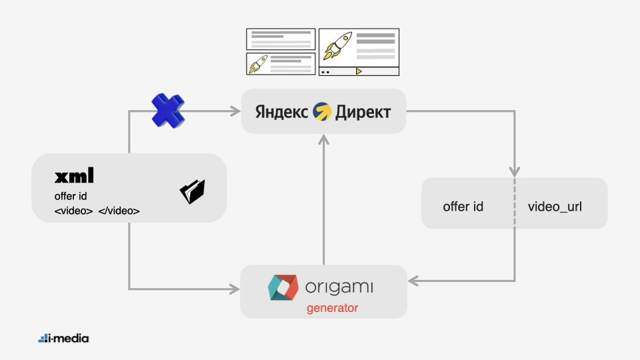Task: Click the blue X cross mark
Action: (167, 111)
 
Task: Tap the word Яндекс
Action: (281, 111)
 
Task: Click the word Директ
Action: (363, 111)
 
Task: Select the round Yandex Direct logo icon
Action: (322, 111)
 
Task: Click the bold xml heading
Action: (74, 176)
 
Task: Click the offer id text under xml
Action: (71, 196)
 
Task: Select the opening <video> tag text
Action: (73, 211)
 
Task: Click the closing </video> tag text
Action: (119, 211)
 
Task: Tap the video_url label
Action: (555, 207)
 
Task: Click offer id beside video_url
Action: (463, 207)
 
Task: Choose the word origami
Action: (339, 287)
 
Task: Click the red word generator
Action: (332, 308)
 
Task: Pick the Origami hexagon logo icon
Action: (281, 287)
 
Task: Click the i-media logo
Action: (63, 339)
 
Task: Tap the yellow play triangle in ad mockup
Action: (359, 71)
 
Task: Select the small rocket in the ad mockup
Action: (258, 63)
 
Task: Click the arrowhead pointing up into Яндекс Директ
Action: (323, 138)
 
